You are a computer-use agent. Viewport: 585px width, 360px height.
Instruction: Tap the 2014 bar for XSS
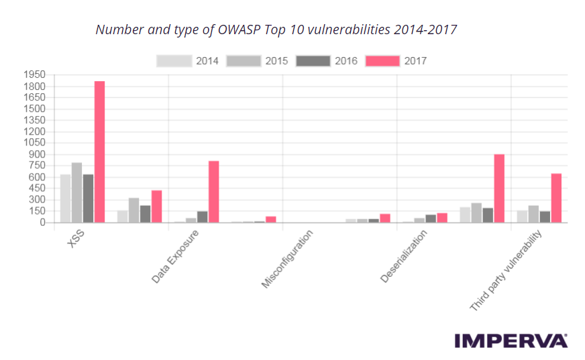pyautogui.click(x=65, y=198)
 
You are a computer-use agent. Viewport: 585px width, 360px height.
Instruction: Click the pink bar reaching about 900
pyautogui.click(x=499, y=188)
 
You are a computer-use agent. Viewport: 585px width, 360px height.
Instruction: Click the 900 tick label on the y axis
pyautogui.click(x=36, y=154)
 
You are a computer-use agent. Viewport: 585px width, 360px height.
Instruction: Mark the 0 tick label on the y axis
pyautogui.click(x=42, y=223)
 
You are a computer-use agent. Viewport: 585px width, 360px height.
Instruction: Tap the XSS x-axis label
pyautogui.click(x=74, y=239)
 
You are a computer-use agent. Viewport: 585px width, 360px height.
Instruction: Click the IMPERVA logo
pyautogui.click(x=511, y=341)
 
